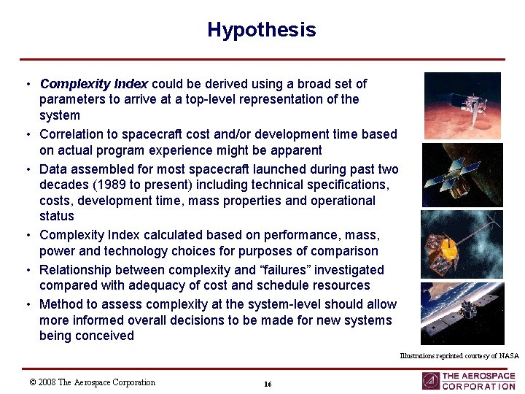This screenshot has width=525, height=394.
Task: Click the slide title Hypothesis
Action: (x=261, y=30)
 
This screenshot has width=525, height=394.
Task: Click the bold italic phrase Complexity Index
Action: (x=94, y=84)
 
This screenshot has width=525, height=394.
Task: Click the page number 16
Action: (x=268, y=384)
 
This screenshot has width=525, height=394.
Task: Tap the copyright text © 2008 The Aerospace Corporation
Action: (x=92, y=382)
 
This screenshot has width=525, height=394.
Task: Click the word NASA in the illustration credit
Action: (x=509, y=356)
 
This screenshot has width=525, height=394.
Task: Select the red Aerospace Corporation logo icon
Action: (x=430, y=381)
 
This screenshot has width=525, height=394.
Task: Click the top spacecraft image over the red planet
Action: (x=462, y=105)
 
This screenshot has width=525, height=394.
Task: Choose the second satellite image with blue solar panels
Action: (x=462, y=175)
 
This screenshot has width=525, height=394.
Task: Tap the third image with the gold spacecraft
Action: (x=462, y=244)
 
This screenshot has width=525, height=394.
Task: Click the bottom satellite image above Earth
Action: (x=462, y=313)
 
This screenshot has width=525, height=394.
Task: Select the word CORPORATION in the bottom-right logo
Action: (x=478, y=387)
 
